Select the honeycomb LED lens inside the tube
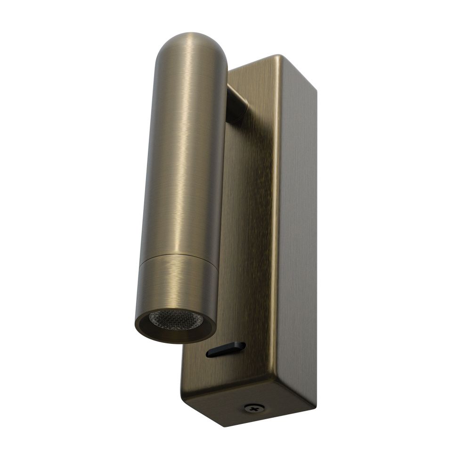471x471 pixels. point(176,320)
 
